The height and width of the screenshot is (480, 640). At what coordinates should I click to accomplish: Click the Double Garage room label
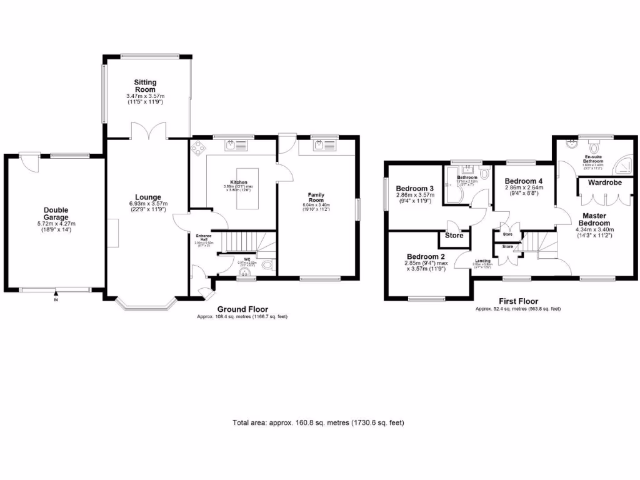(55, 214)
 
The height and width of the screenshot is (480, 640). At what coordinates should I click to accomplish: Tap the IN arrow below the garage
(56, 295)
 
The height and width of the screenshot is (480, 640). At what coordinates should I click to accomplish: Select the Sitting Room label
(145, 86)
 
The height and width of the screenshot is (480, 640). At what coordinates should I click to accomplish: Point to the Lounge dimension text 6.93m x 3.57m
(145, 205)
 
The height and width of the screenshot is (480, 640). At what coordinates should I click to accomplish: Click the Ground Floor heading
(242, 309)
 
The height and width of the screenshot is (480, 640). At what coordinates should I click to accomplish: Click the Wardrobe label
(603, 183)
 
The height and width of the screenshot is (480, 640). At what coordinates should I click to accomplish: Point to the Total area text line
(318, 422)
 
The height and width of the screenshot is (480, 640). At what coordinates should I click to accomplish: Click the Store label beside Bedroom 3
(454, 236)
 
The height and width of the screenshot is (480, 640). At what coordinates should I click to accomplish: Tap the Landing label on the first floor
(482, 261)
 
